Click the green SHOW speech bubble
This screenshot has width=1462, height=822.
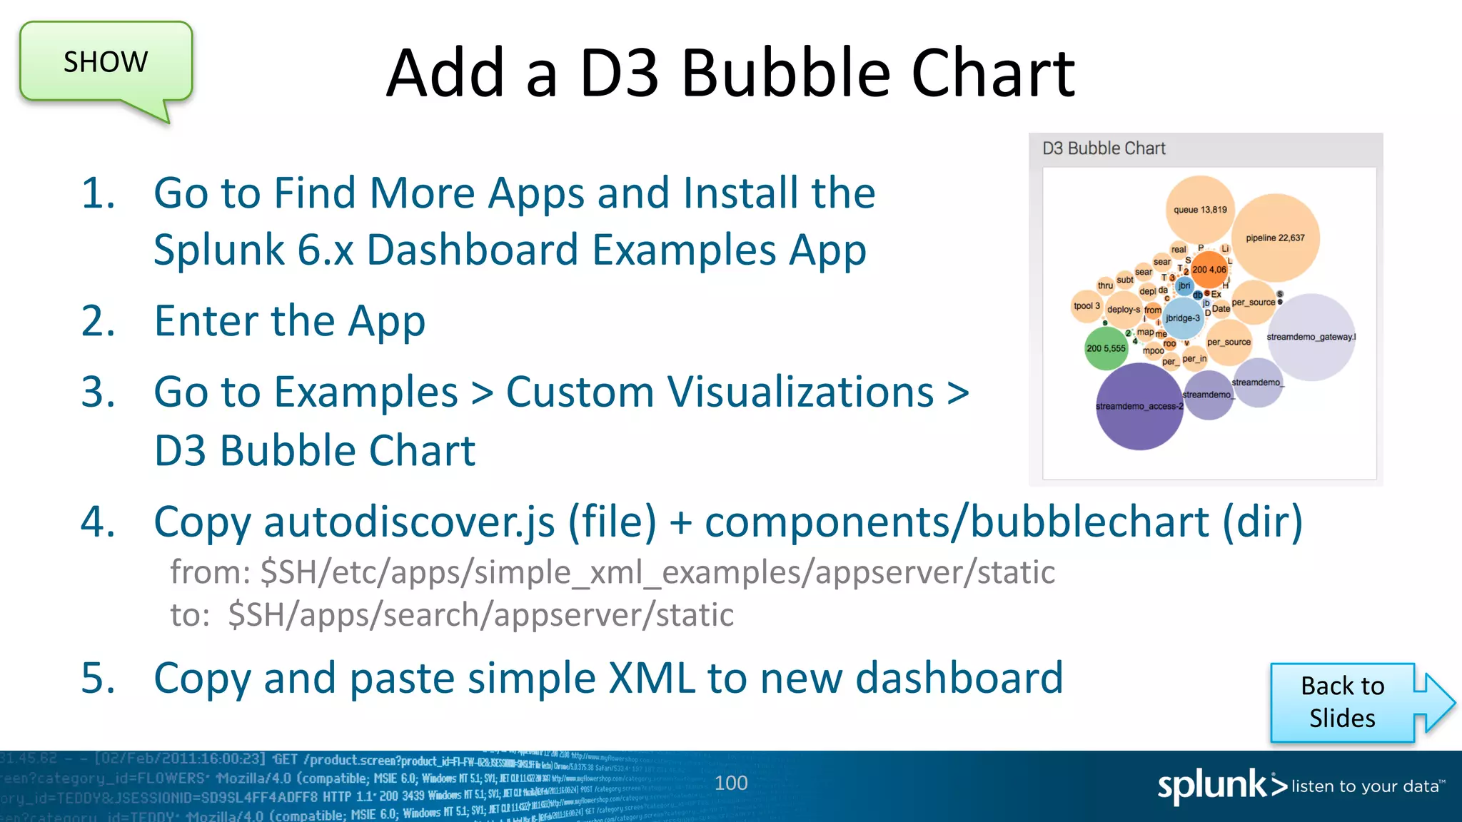coord(106,63)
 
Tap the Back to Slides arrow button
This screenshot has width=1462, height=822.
coord(1343,703)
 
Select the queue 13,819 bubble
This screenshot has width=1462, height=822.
coord(1200,209)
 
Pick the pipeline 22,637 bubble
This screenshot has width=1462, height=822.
coord(1275,238)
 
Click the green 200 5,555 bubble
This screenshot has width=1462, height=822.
coord(1106,348)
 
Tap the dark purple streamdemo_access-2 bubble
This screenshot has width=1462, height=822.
coord(1139,407)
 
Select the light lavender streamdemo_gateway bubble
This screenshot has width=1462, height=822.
coord(1311,337)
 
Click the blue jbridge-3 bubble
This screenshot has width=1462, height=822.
coord(1183,318)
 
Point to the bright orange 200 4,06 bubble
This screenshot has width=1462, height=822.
coord(1209,270)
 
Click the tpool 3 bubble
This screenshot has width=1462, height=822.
coord(1087,306)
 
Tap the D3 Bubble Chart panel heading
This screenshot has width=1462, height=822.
coord(1104,148)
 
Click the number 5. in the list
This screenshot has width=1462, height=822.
coord(98,678)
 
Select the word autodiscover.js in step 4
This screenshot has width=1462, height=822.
coord(409,522)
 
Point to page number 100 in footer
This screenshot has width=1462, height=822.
coord(731,783)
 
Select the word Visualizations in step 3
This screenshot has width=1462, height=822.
coord(720,392)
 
